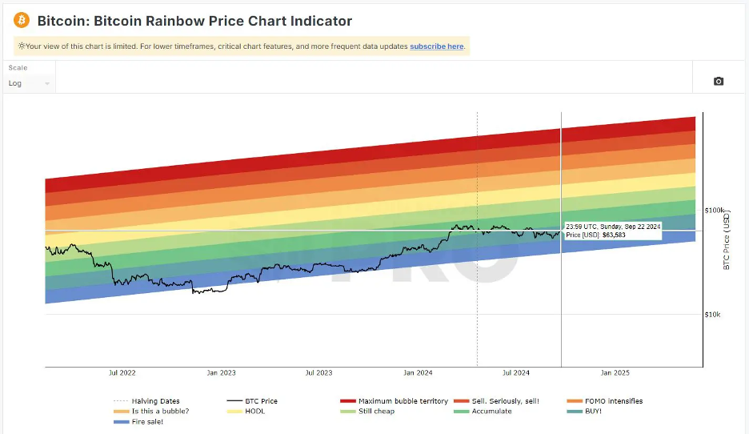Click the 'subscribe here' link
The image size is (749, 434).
(436, 46)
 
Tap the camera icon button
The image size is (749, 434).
(718, 82)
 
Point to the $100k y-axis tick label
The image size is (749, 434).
(715, 210)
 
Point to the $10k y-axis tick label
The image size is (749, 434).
(712, 315)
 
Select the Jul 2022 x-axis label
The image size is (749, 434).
(122, 373)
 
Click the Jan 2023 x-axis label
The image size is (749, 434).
(221, 373)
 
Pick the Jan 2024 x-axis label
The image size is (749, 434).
(418, 373)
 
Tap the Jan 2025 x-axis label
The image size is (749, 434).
(615, 373)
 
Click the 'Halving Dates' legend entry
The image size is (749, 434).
(155, 401)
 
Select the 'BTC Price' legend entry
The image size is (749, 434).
(261, 401)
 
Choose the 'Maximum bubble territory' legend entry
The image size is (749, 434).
(403, 401)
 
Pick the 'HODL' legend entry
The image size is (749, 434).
(254, 412)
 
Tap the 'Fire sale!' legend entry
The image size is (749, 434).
(146, 422)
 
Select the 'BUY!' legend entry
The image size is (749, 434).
(592, 412)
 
